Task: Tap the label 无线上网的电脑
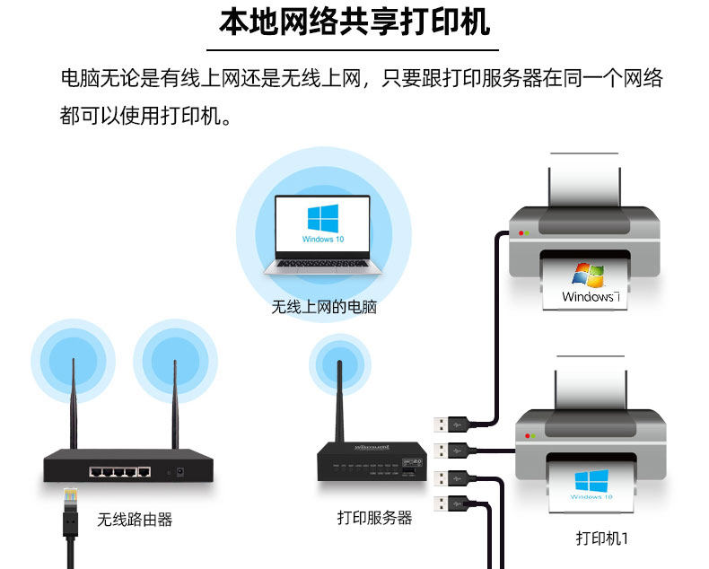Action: click(324, 307)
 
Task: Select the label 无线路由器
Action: click(135, 520)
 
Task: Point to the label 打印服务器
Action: click(374, 518)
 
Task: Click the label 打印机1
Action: click(601, 538)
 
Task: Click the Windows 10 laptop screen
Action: click(323, 224)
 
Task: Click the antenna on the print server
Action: click(340, 399)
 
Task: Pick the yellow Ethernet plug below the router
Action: click(69, 498)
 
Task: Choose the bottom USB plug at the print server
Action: click(449, 503)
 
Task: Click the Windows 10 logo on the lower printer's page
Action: click(591, 480)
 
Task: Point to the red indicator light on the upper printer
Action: click(519, 233)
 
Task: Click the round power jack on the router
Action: click(183, 471)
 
